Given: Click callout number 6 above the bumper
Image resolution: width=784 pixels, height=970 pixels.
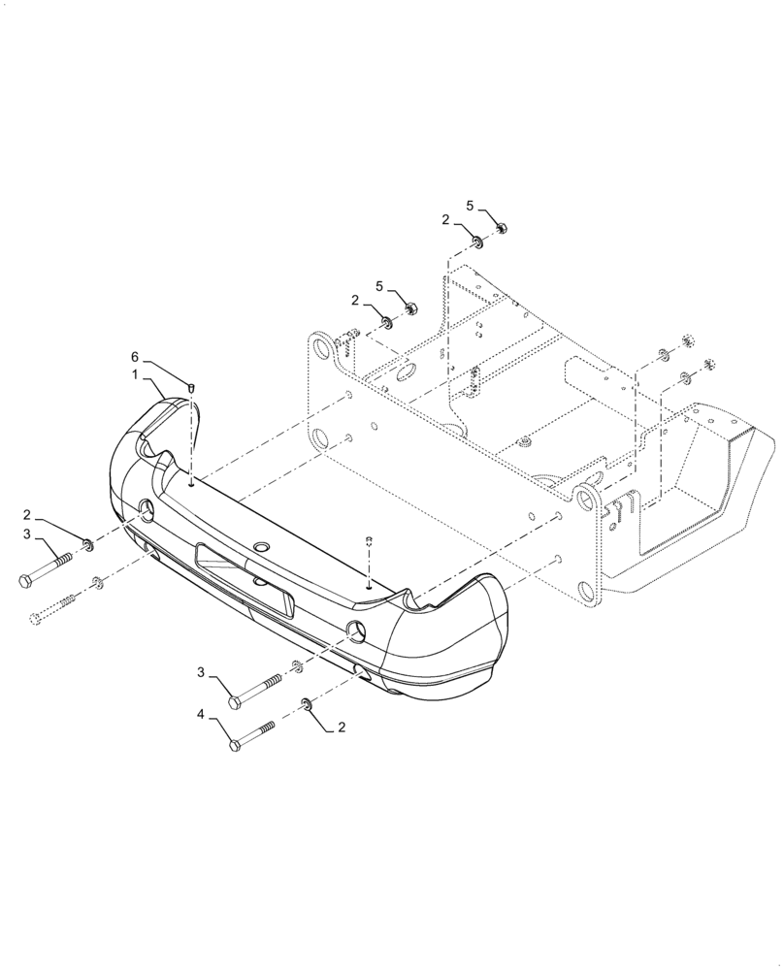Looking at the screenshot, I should (x=136, y=357).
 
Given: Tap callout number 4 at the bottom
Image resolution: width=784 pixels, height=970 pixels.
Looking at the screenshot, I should (x=202, y=715).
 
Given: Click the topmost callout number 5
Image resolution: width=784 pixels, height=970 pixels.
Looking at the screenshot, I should (x=472, y=206).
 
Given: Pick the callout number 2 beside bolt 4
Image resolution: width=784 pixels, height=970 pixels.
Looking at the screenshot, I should (x=341, y=726).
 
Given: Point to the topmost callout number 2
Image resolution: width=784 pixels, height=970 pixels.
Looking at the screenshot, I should (x=445, y=220).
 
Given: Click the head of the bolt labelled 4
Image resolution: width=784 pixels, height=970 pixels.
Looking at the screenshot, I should (x=235, y=745).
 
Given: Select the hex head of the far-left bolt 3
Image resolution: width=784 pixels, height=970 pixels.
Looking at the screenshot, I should (x=25, y=581).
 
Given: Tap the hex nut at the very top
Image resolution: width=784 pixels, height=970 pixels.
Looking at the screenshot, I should (x=503, y=229).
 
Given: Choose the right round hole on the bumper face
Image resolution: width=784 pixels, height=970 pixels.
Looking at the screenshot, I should (x=356, y=630).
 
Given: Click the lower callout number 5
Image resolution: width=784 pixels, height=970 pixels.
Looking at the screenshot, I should (x=380, y=286).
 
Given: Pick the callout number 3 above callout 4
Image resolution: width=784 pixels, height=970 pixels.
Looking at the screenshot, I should (x=202, y=672).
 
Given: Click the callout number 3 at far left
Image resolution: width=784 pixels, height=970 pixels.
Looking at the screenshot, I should (x=27, y=533).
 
